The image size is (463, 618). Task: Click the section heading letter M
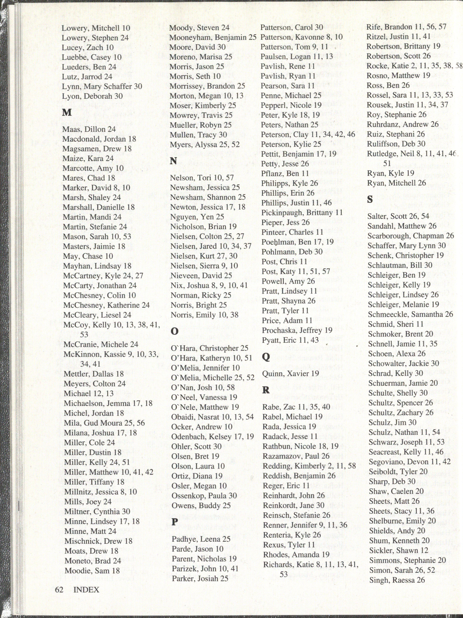pyautogui.click(x=67, y=112)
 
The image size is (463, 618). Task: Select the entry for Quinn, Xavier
pyautogui.click(x=290, y=374)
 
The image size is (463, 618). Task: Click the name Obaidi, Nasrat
pyautogui.click(x=212, y=417)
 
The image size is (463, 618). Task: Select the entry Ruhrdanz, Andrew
pyautogui.click(x=403, y=124)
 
